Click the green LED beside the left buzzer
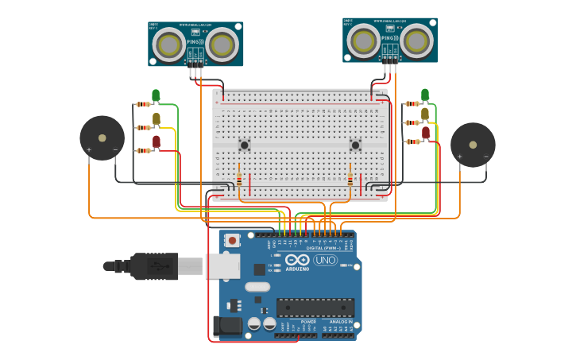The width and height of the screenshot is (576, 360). (x=156, y=95)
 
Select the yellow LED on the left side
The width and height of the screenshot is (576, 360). (x=156, y=118)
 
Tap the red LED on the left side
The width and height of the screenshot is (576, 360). (x=156, y=141)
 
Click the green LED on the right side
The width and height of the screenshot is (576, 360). (x=425, y=95)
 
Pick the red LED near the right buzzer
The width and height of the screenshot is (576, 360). (x=426, y=132)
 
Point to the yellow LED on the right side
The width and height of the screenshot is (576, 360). (x=425, y=114)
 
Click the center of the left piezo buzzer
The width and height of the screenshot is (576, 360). (x=102, y=137)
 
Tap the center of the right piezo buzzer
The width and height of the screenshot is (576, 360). (x=473, y=145)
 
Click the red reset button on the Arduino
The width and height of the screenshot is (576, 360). (x=232, y=240)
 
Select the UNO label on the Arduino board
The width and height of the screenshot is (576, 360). (x=325, y=260)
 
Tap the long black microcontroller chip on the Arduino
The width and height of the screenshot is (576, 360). (x=315, y=308)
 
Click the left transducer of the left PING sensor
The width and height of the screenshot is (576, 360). (x=169, y=45)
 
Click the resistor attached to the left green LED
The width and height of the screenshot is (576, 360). (x=143, y=104)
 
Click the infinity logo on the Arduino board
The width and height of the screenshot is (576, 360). (x=297, y=260)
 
